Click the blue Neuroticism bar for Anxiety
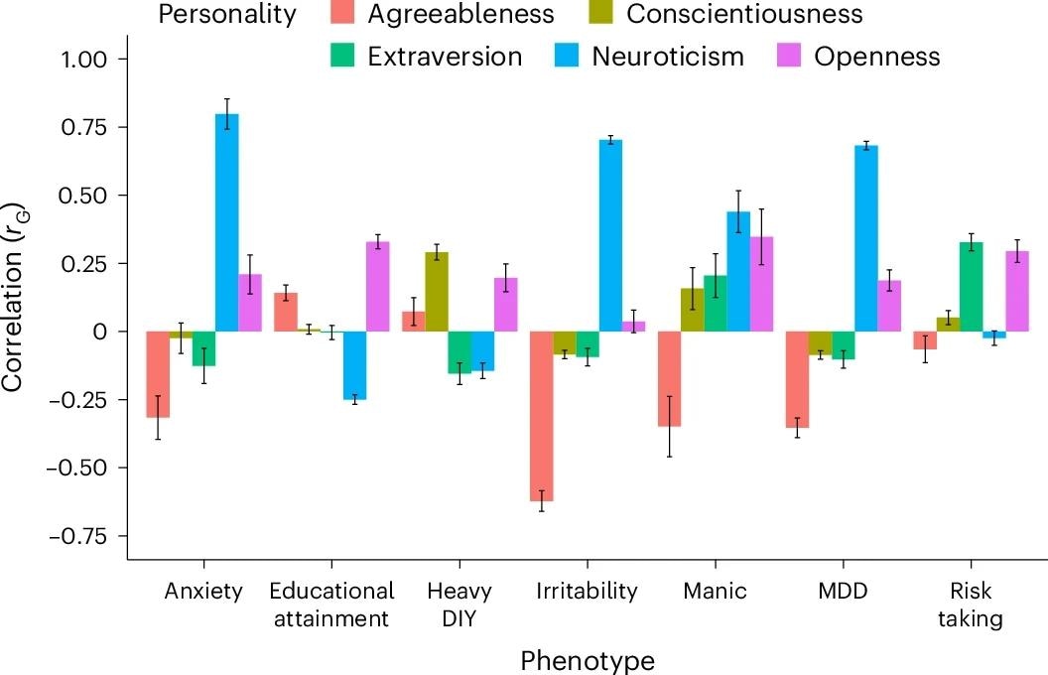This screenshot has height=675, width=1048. coord(226,222)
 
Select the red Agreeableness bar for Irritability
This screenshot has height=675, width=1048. coord(541,416)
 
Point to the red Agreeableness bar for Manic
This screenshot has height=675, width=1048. coord(670,378)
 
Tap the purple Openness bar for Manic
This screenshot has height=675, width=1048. coord(762,284)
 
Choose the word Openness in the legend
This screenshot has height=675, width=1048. coord(876,56)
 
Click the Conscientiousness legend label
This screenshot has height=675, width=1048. coord(744,14)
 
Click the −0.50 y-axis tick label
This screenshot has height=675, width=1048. coord(86,468)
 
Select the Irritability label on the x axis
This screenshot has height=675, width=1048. coord(587,592)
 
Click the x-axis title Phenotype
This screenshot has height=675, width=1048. coord(588,659)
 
